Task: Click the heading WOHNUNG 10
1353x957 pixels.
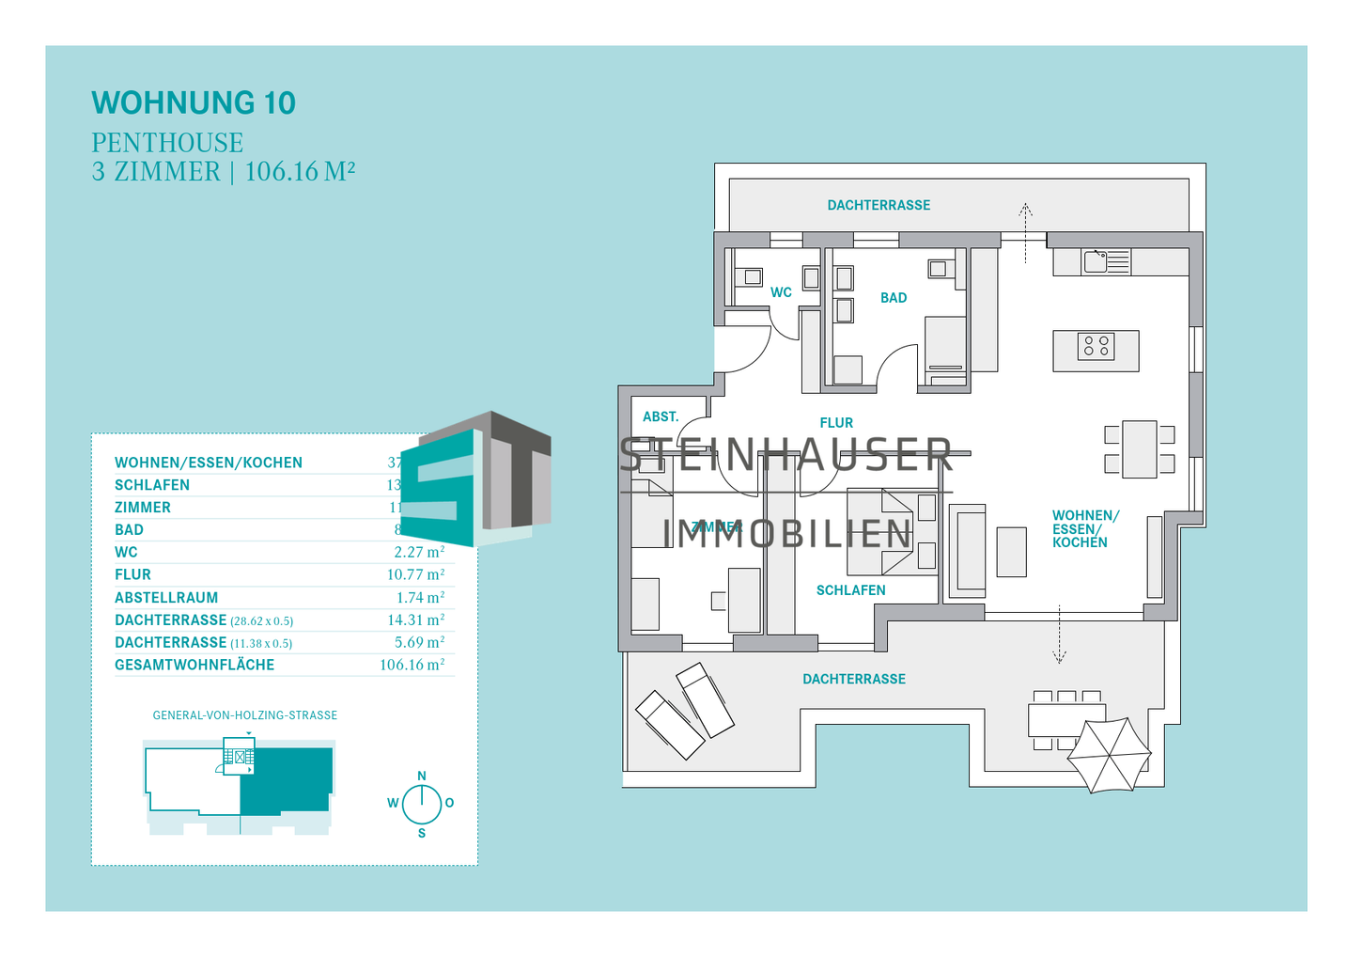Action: click(x=194, y=102)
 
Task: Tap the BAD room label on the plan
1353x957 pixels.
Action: click(x=893, y=298)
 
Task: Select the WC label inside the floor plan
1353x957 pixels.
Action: click(x=781, y=292)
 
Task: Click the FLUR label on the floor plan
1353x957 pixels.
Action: click(x=836, y=423)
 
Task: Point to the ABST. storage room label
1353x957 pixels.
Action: click(x=661, y=416)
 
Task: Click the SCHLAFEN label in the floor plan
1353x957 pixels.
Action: click(x=850, y=590)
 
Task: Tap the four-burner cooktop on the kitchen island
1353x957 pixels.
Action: click(x=1096, y=346)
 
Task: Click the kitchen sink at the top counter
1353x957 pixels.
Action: click(x=1096, y=260)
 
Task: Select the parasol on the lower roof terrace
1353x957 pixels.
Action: click(x=1109, y=755)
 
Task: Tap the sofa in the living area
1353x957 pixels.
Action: click(x=968, y=551)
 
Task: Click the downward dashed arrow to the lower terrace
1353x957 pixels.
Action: click(x=1059, y=635)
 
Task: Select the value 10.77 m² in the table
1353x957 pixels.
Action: click(x=415, y=574)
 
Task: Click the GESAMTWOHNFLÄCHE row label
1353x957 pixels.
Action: click(x=194, y=665)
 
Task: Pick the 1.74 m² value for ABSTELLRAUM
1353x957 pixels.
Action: click(x=420, y=597)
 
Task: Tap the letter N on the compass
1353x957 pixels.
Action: click(x=422, y=776)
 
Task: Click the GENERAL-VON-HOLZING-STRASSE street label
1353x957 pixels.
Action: click(x=244, y=715)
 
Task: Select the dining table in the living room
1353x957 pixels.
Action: click(x=1139, y=449)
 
